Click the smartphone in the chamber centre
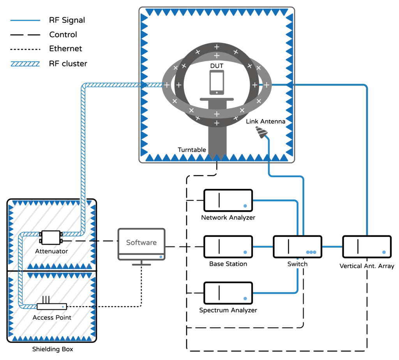217,82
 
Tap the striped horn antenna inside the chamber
261,132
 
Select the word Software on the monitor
141,242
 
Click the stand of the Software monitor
141,263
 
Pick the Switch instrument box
297,247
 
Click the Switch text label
297,264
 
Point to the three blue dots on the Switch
311,252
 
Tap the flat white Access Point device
52,306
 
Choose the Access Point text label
52,317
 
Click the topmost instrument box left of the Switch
228,200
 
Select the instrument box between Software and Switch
228,247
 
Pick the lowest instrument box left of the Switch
228,293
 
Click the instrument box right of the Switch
367,247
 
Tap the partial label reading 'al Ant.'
367,266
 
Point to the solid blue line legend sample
25,20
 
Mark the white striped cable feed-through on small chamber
83,202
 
